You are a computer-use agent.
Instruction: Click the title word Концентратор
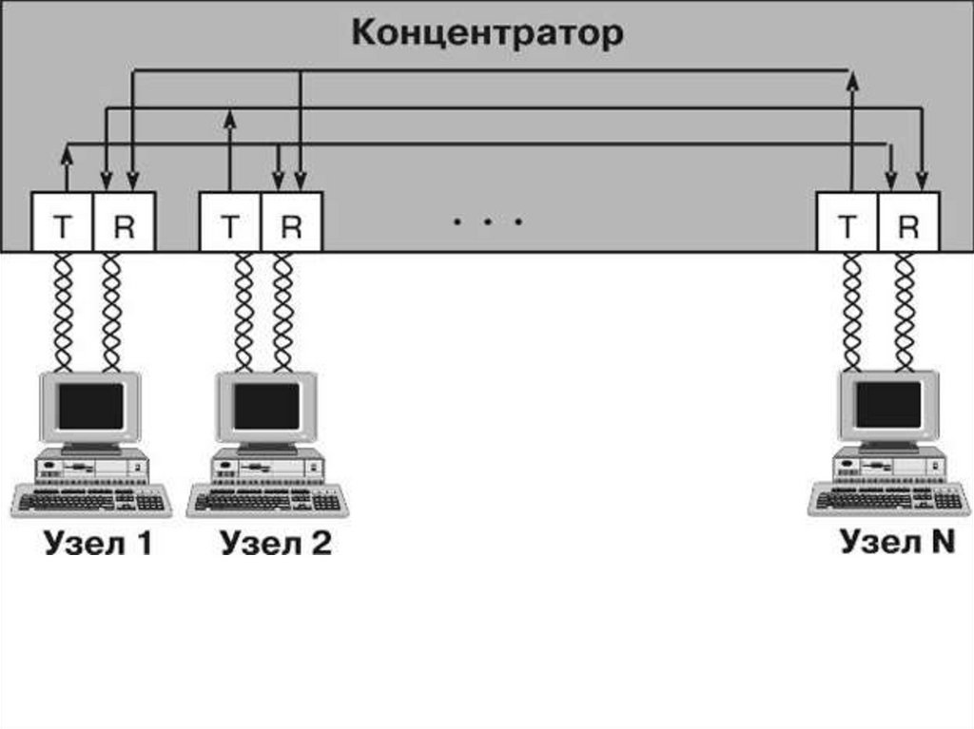point(487,33)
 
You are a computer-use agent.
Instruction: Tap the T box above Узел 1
point(63,224)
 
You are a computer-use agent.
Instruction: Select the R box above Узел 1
point(124,224)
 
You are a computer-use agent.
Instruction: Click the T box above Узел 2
point(230,224)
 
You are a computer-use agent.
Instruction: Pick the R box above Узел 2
point(291,224)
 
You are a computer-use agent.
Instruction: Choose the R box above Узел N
point(908,224)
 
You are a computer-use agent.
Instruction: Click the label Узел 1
point(97,544)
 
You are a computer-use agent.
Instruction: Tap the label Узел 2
point(276,544)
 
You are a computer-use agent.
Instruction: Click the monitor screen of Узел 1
point(90,406)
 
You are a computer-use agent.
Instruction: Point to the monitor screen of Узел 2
point(266,406)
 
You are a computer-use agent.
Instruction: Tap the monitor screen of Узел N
point(888,404)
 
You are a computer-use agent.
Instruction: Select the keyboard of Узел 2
point(265,500)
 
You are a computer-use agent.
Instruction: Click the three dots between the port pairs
point(487,222)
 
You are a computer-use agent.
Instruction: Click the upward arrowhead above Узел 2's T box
point(229,118)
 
